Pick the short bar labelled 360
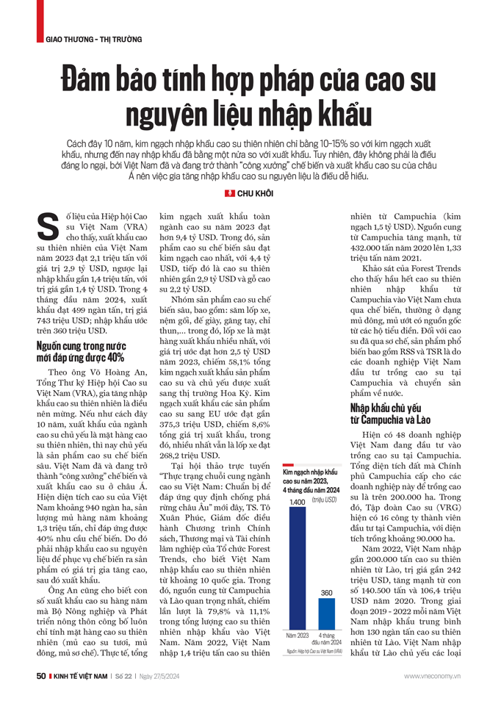pyautogui.click(x=326, y=611)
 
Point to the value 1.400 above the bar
pyautogui.click(x=297, y=501)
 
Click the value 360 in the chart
pyautogui.click(x=326, y=592)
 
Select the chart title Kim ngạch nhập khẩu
pyautogui.click(x=310, y=471)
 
